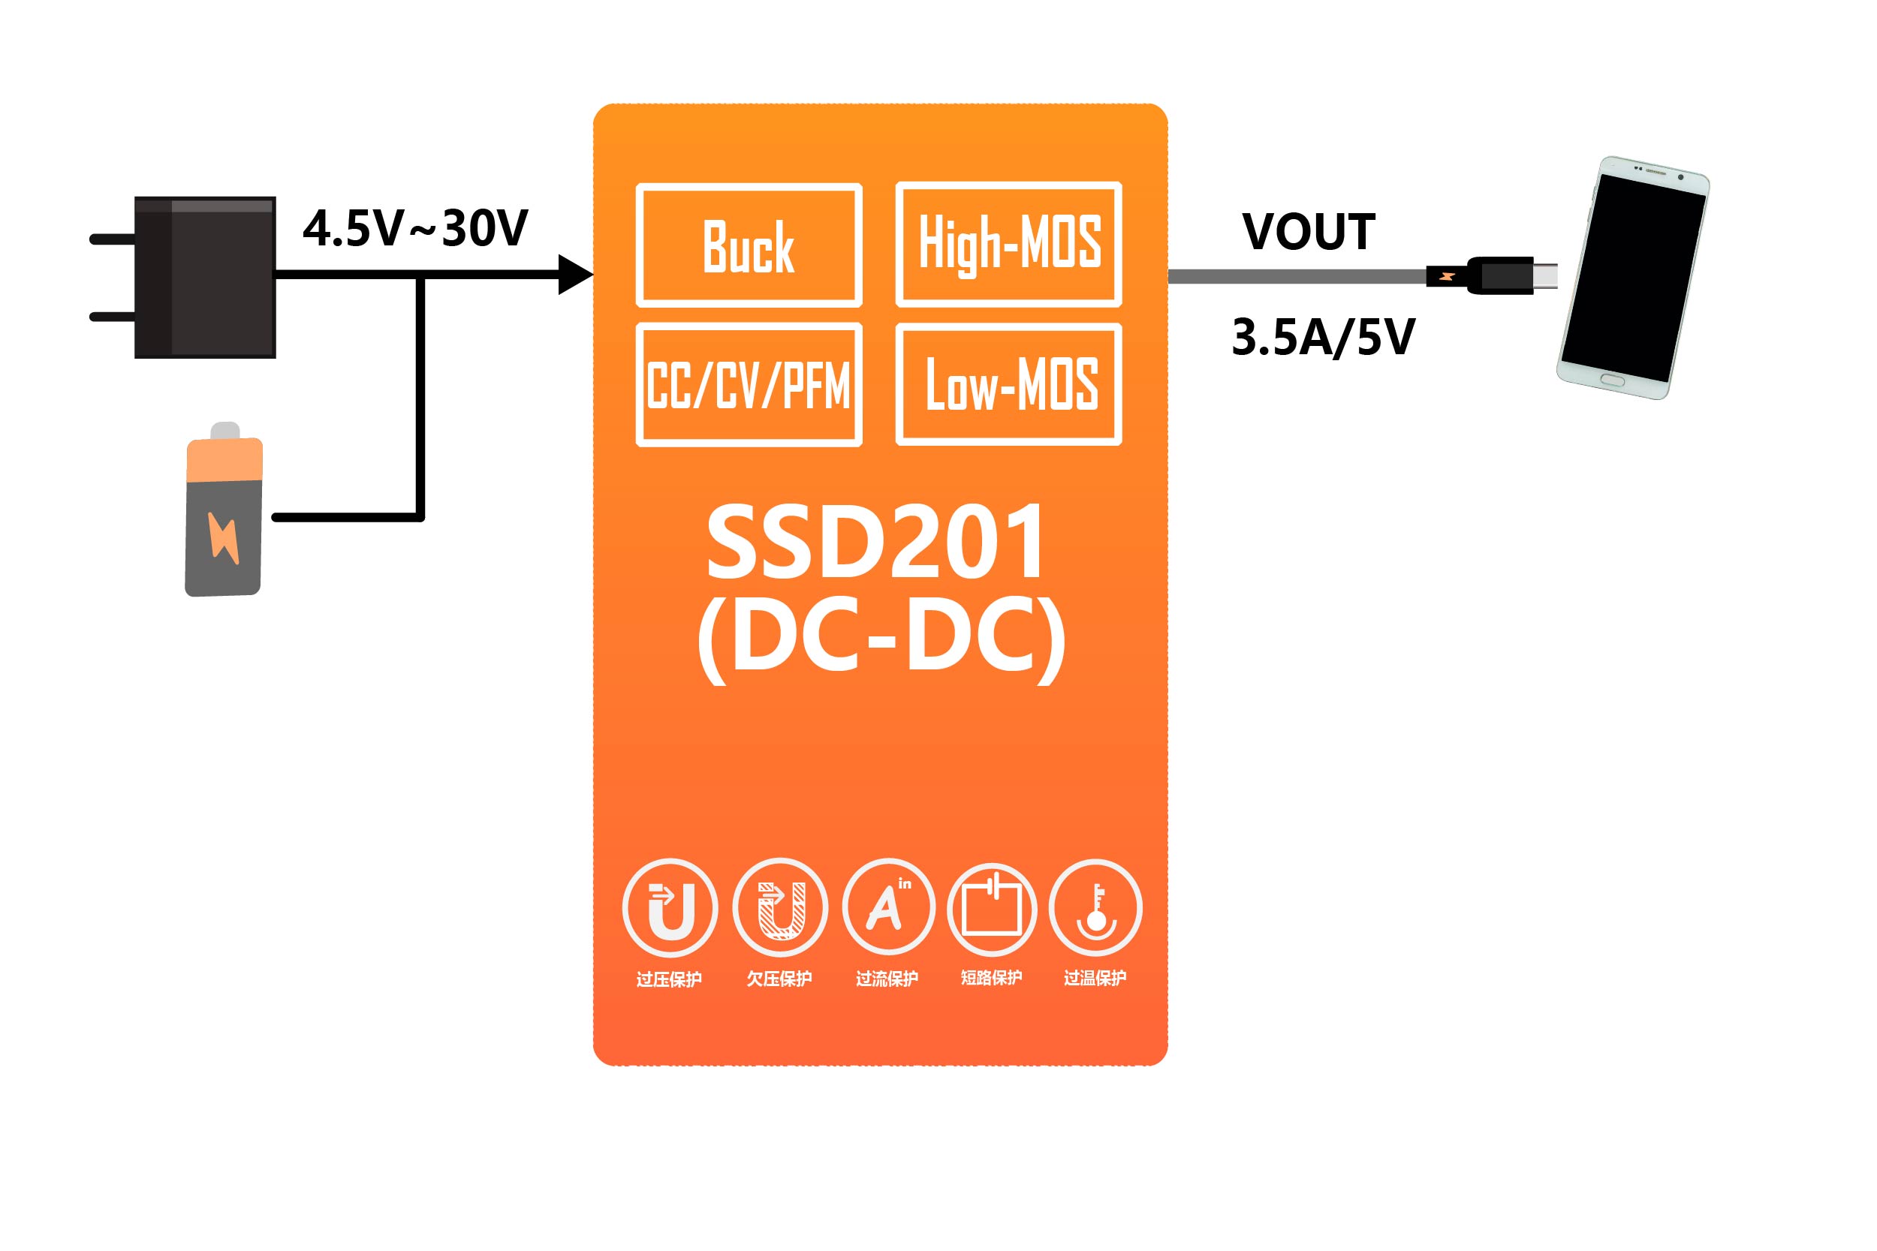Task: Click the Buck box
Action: [749, 245]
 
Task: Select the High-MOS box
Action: [1009, 244]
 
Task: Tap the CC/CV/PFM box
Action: [749, 384]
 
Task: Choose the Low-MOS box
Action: [1009, 384]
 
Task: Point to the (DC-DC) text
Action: [881, 639]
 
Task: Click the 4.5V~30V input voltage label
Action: [415, 229]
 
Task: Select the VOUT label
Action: [1309, 232]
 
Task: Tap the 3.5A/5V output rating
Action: [1323, 338]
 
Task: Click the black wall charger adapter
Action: [205, 277]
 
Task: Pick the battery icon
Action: [224, 515]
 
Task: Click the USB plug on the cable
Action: [1500, 276]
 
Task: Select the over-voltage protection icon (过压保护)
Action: [670, 908]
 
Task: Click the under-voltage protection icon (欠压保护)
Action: [779, 908]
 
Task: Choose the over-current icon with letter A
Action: [888, 908]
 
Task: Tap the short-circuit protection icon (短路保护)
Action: [992, 910]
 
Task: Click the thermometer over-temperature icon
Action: [1095, 908]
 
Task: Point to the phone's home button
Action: [1612, 380]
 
